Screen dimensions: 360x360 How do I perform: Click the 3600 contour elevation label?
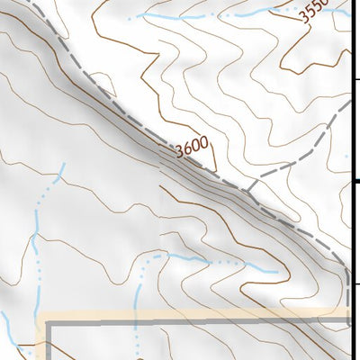click(192, 148)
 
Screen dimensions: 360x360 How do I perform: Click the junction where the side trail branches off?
click(247, 189)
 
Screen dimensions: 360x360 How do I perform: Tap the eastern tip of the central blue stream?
click(275, 270)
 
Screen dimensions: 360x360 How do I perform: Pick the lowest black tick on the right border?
click(355, 285)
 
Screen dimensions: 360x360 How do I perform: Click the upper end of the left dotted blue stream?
click(64, 165)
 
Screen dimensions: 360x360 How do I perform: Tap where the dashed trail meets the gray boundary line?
click(347, 319)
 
